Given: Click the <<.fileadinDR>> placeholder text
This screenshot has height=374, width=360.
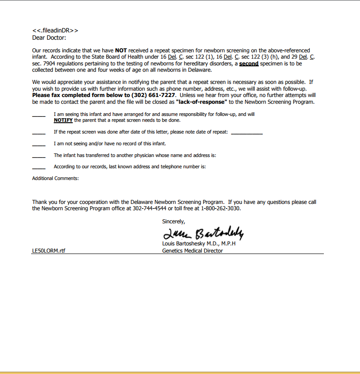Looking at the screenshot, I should pyautogui.click(x=55, y=30).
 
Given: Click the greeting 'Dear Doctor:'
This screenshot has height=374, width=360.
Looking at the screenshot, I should pyautogui.click(x=49, y=37).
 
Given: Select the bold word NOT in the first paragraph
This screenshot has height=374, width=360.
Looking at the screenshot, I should pyautogui.click(x=121, y=51).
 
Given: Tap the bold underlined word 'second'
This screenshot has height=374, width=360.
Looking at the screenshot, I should pyautogui.click(x=248, y=64).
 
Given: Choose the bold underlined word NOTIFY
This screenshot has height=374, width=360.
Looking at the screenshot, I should pyautogui.click(x=63, y=120).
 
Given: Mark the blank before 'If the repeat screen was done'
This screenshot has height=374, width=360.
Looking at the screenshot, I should pyautogui.click(x=39, y=133).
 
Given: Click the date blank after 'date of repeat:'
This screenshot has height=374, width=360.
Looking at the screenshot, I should pyautogui.click(x=247, y=133).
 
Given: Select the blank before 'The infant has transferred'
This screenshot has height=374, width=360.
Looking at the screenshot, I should pyautogui.click(x=39, y=156).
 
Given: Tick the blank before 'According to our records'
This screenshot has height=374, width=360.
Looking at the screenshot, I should pyautogui.click(x=39, y=168).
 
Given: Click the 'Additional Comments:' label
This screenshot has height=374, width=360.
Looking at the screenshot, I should pyautogui.click(x=56, y=179).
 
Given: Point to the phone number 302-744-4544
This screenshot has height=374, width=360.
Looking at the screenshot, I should pyautogui.click(x=150, y=208).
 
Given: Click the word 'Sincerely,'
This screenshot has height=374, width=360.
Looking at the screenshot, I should pyautogui.click(x=173, y=222).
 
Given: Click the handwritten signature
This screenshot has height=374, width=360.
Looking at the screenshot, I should pyautogui.click(x=203, y=233).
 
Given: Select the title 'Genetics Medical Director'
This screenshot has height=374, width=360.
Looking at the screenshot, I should pyautogui.click(x=192, y=251).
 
